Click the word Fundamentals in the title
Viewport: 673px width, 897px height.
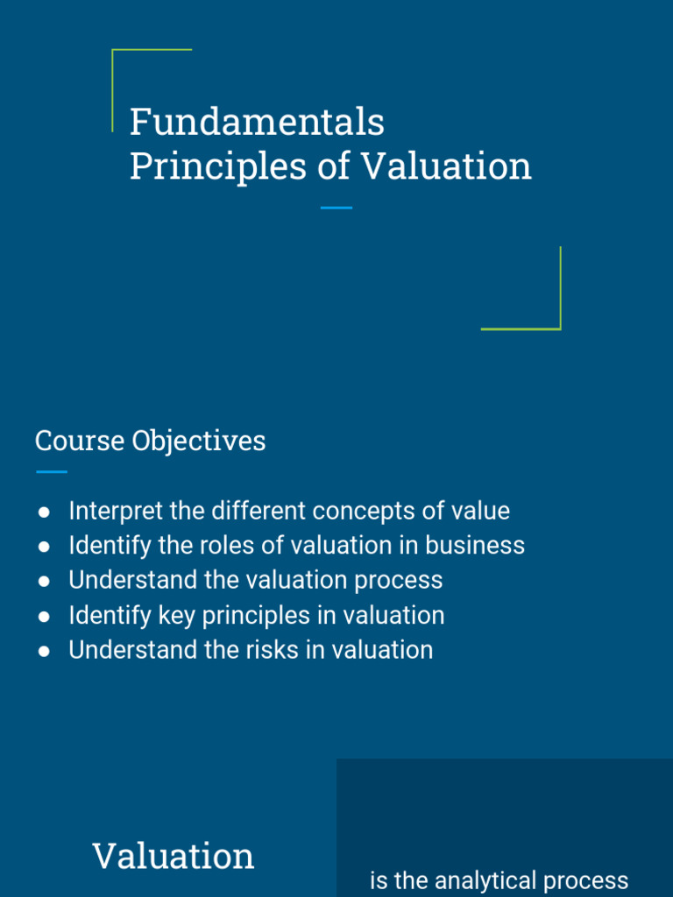(257, 122)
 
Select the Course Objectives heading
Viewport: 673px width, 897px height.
(150, 441)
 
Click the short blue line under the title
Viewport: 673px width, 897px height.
(336, 208)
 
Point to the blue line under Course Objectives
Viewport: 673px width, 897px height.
(52, 472)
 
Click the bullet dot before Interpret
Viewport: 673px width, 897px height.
(44, 512)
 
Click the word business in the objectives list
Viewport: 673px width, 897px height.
(475, 546)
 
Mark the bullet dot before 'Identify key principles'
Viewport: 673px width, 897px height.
(44, 617)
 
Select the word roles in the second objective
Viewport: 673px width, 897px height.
(228, 546)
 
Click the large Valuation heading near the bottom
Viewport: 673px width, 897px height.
(174, 856)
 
